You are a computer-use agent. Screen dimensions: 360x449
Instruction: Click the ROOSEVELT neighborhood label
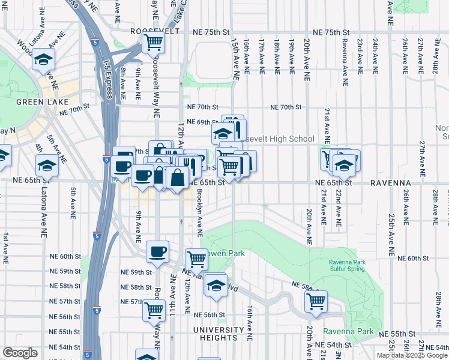(157, 32)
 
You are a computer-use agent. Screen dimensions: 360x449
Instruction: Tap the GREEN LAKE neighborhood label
(37, 102)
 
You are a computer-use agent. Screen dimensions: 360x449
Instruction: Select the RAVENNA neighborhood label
(390, 182)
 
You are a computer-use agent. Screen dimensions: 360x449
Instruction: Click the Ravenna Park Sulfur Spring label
(351, 266)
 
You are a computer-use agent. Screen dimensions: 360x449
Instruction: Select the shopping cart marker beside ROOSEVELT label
(154, 43)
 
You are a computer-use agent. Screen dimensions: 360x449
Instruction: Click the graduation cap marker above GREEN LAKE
(44, 59)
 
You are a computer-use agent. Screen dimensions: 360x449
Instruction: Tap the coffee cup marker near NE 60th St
(158, 251)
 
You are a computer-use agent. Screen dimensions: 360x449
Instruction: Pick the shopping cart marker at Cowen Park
(196, 259)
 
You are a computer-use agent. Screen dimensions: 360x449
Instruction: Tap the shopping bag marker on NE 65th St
(178, 178)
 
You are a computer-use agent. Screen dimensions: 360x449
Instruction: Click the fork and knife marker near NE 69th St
(237, 129)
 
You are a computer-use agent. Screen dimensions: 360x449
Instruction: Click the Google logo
(20, 353)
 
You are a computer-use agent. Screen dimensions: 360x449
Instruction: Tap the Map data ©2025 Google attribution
(412, 355)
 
